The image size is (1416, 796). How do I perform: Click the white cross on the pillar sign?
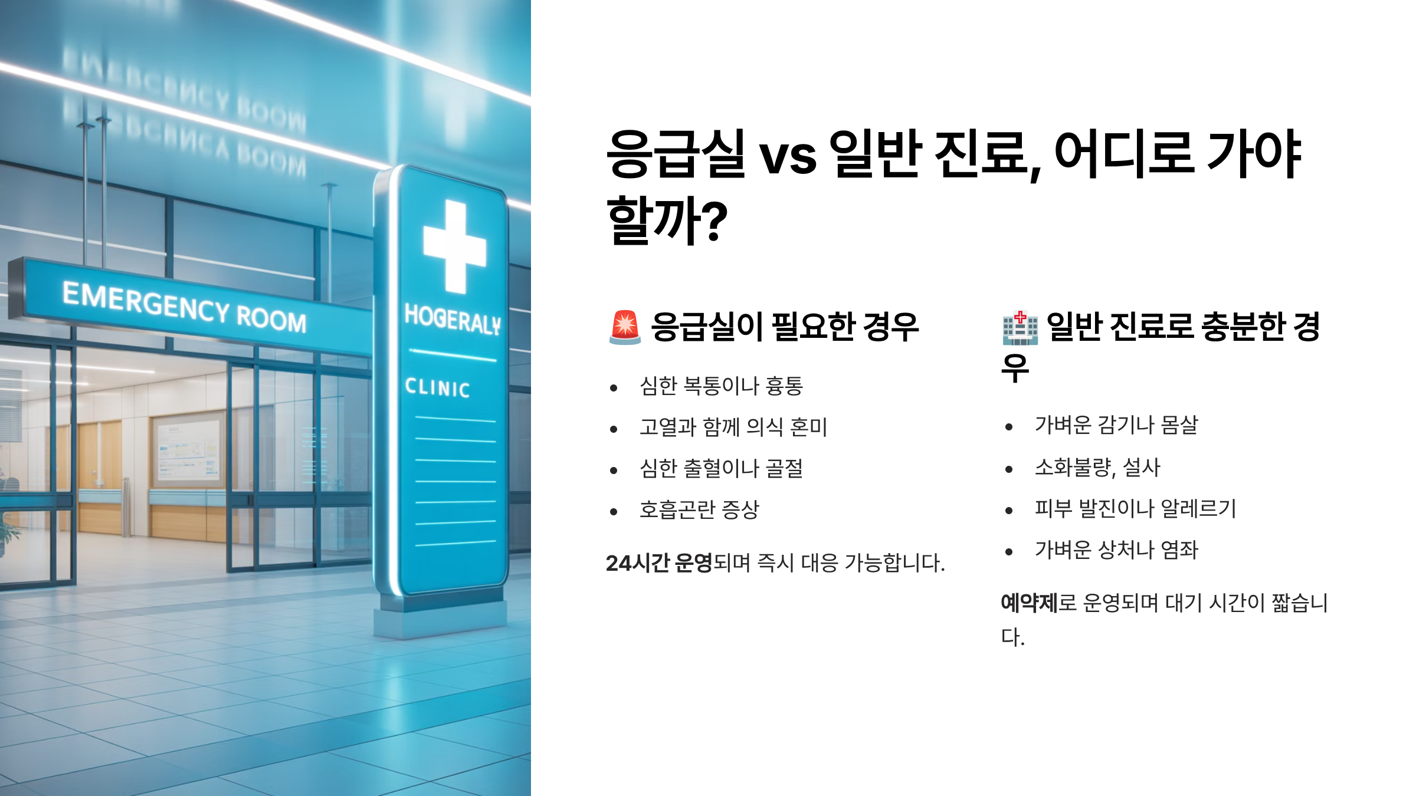455,247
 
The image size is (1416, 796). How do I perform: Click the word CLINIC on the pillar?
437,387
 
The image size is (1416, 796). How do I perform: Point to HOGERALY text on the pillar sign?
453,320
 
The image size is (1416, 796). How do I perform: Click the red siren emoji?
624,327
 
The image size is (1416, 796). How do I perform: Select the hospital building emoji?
1020,327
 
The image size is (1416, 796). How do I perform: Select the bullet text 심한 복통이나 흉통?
721,386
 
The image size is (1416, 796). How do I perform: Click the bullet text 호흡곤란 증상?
699,509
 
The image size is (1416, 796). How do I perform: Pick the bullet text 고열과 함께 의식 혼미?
733,427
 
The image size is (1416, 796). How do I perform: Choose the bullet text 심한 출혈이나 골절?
721,469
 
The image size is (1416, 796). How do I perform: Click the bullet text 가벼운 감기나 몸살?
1116,425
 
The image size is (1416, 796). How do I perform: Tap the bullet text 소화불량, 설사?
1097,468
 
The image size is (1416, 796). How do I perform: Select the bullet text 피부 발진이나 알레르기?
1135,508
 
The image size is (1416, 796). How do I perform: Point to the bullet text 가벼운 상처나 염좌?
1116,550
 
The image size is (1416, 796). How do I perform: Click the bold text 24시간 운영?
659,563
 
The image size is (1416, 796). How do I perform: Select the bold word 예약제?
1030,603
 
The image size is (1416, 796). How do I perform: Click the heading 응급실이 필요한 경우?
785,327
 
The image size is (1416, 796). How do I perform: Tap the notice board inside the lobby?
188,448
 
